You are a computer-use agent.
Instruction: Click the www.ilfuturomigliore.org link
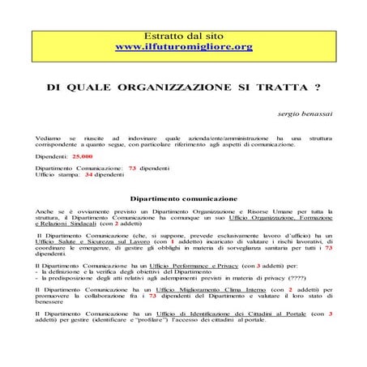(x=184, y=48)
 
